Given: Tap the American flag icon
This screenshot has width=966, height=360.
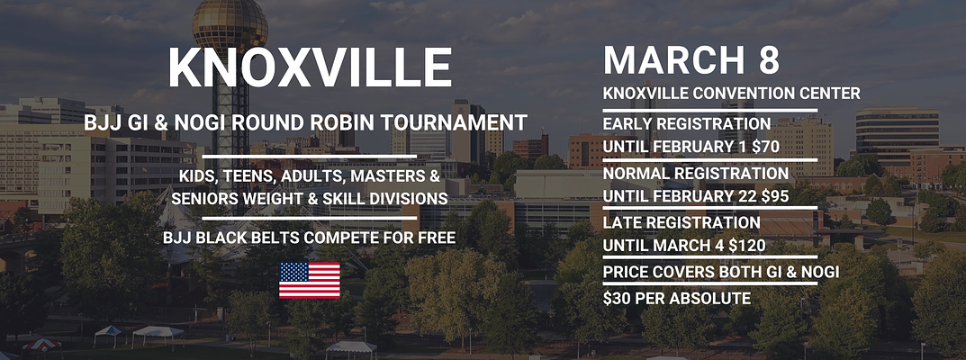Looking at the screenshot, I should [310, 280].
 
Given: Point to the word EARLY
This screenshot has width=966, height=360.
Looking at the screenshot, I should [627, 124].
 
